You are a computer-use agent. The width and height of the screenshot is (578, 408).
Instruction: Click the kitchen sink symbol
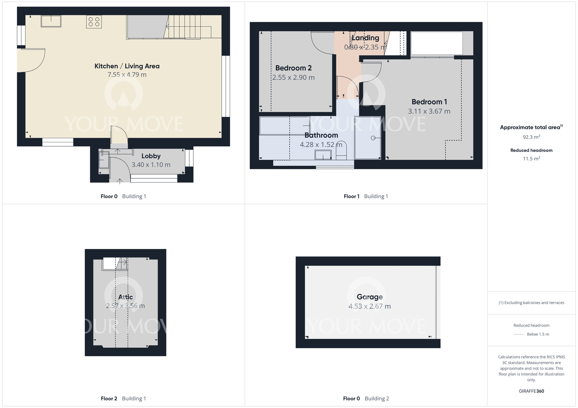click(51, 21)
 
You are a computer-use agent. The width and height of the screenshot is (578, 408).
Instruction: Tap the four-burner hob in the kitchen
click(94, 22)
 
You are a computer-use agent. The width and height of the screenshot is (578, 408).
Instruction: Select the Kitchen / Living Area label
click(127, 66)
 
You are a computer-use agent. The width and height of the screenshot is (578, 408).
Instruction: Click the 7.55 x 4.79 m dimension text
click(127, 75)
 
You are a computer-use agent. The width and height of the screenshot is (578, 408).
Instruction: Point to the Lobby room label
click(151, 156)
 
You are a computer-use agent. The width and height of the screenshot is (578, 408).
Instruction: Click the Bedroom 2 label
click(293, 68)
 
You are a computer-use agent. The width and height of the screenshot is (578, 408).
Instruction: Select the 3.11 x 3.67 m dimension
click(429, 111)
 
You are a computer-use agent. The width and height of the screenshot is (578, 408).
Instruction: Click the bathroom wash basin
click(323, 155)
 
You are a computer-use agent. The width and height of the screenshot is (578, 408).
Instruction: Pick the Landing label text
click(365, 38)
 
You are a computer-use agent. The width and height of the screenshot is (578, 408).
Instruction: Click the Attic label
click(125, 297)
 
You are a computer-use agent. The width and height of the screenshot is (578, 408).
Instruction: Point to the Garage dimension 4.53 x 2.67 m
click(369, 306)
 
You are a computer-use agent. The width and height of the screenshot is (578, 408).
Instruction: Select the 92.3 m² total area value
click(531, 137)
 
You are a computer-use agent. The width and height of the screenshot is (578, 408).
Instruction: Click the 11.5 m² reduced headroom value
click(531, 158)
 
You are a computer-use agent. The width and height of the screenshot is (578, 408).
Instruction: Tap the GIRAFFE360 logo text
click(531, 391)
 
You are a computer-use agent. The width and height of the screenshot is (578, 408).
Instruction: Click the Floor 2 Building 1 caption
click(123, 398)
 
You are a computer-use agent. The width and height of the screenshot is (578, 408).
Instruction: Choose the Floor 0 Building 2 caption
click(366, 398)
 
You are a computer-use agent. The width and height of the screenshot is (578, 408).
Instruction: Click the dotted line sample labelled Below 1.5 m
click(519, 334)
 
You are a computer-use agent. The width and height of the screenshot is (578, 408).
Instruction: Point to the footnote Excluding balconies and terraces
click(531, 303)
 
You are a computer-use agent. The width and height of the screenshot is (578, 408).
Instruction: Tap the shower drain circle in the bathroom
click(373, 138)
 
